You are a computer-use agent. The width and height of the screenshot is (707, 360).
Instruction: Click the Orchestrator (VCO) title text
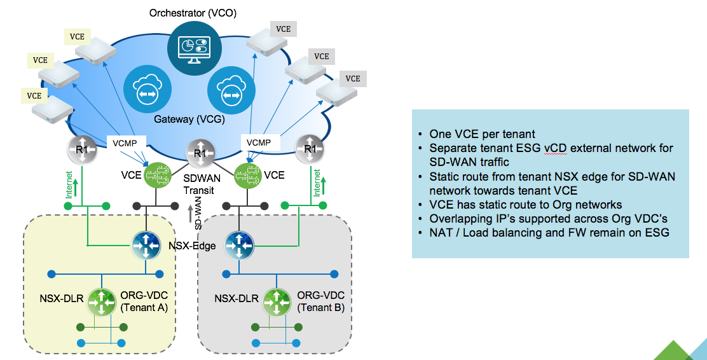pyautogui.click(x=191, y=13)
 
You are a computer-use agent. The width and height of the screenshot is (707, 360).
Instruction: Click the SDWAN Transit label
pyautogui.click(x=200, y=184)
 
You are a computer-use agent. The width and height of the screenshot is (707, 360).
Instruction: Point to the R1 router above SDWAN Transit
pyautogui.click(x=200, y=153)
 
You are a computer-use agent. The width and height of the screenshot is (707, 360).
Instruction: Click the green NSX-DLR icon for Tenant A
pyautogui.click(x=101, y=301)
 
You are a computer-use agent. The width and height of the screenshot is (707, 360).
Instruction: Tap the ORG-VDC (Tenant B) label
pyautogui.click(x=321, y=302)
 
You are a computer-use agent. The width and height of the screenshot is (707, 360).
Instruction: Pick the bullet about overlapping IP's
pyautogui.click(x=546, y=218)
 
